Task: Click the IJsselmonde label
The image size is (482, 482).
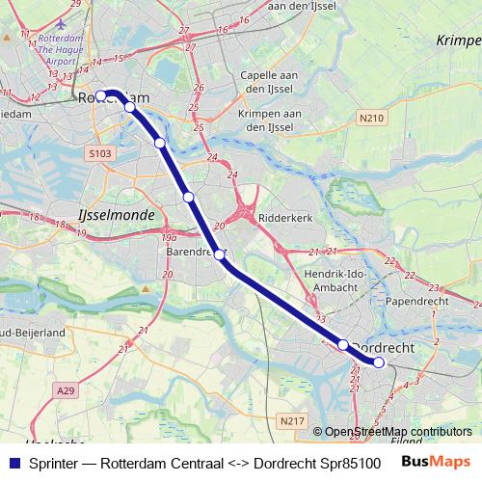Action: [x=115, y=215]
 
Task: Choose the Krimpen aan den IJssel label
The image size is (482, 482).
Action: [x=265, y=120]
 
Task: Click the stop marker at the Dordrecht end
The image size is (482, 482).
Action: [x=379, y=362]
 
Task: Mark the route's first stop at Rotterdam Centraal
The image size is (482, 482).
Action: [x=100, y=95]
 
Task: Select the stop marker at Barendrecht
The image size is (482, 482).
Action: [x=220, y=254]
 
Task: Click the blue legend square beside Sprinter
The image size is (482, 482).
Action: [x=13, y=463]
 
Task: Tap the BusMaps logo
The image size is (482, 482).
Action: [x=436, y=462]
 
